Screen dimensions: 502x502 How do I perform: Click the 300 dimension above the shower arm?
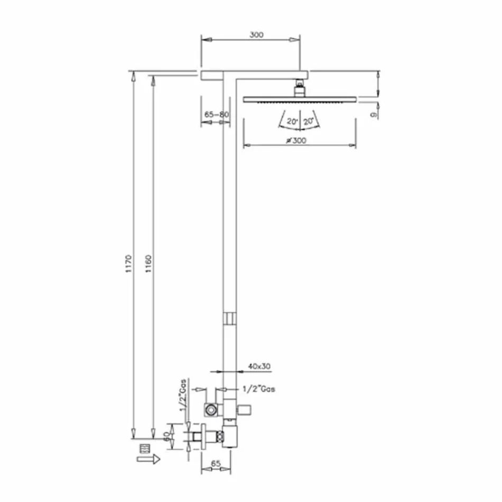[x=256, y=35]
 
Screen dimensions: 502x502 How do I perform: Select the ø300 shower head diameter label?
[x=296, y=140]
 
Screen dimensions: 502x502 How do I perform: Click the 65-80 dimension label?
[x=216, y=114]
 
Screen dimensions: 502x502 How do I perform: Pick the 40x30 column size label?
[x=259, y=366]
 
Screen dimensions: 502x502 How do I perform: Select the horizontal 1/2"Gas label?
[x=258, y=389]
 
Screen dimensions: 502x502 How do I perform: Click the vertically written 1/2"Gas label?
[x=182, y=398]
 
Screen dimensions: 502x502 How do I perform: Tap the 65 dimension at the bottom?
[x=216, y=463]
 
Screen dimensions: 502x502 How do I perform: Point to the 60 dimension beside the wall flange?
[x=166, y=436]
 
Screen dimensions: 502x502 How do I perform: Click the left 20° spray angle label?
[x=292, y=122]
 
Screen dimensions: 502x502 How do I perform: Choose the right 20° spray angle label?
[x=309, y=122]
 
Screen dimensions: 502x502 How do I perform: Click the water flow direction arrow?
[x=148, y=460]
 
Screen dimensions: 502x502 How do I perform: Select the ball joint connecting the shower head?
[x=300, y=87]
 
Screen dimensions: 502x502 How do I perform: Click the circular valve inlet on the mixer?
[x=211, y=408]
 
